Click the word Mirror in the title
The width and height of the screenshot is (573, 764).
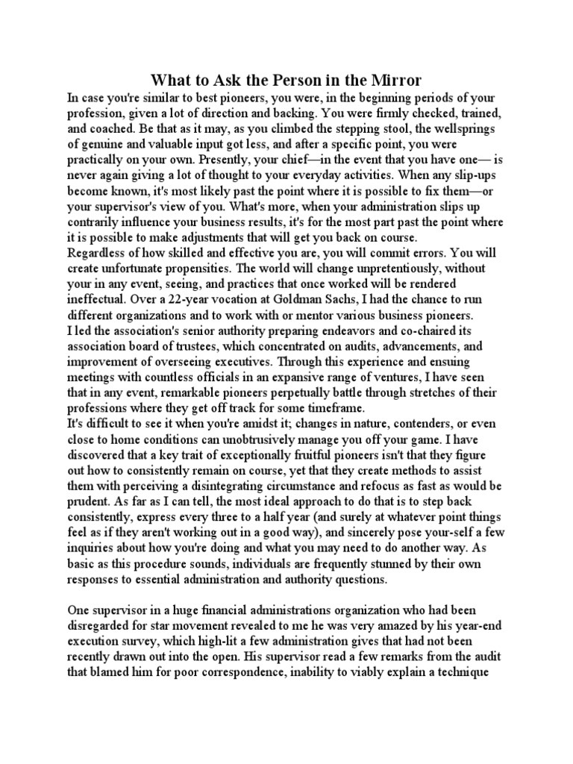point(391,80)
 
